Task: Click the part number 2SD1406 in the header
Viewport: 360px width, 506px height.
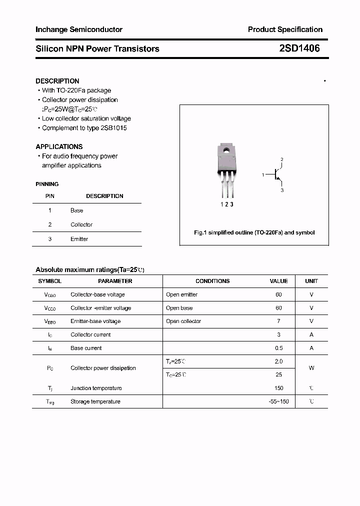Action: [x=299, y=48]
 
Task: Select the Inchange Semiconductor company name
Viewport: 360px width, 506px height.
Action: [x=79, y=29]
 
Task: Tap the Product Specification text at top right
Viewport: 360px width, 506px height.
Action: [x=285, y=29]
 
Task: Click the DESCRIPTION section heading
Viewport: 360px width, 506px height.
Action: [x=57, y=81]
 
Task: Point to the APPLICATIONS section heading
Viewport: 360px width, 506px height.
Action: [x=59, y=146]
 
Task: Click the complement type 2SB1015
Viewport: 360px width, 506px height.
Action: [x=112, y=128]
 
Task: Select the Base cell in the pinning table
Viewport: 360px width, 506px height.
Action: [x=76, y=210]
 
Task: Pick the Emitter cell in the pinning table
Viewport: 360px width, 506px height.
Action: [x=79, y=239]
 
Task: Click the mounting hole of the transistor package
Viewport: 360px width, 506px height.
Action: [x=226, y=150]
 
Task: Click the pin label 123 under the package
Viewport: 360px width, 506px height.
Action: [x=227, y=204]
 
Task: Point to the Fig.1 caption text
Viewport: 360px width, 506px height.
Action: [x=254, y=232]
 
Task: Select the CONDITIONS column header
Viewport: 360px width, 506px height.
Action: [x=212, y=281]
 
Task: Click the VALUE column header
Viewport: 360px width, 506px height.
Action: [x=278, y=281]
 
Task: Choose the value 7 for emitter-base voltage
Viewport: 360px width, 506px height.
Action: [x=278, y=321]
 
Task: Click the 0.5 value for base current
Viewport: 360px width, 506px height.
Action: [x=278, y=348]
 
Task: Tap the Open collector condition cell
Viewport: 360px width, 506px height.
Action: [x=183, y=321]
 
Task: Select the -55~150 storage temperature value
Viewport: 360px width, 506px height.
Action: [x=278, y=401]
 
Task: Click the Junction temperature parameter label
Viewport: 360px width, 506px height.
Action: [x=96, y=388]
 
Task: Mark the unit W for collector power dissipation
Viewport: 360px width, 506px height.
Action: [x=311, y=368]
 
